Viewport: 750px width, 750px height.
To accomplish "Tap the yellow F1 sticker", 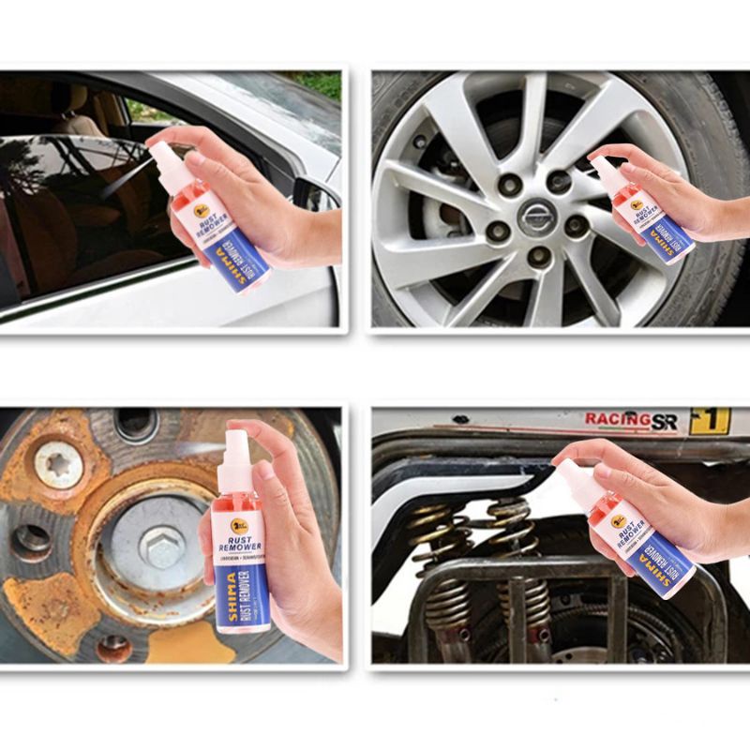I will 709,421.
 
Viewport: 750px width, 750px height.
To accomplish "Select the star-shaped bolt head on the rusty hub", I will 57,463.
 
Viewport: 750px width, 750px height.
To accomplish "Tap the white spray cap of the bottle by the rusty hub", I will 237,449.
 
